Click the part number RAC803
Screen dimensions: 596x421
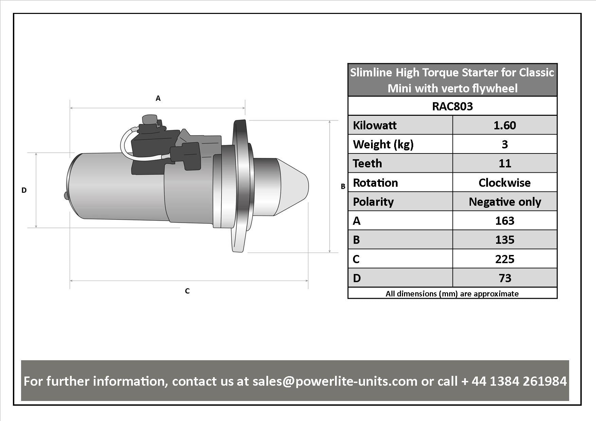(452, 106)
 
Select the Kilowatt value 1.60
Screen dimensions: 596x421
(505, 125)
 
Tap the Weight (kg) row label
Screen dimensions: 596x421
(383, 144)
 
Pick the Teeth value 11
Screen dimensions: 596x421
(505, 163)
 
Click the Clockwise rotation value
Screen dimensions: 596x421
(505, 183)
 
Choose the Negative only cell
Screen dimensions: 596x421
(505, 202)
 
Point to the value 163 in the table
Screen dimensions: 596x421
(505, 221)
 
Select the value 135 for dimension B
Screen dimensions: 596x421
(505, 240)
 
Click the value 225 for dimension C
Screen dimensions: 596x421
(505, 259)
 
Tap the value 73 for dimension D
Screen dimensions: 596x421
(505, 278)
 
